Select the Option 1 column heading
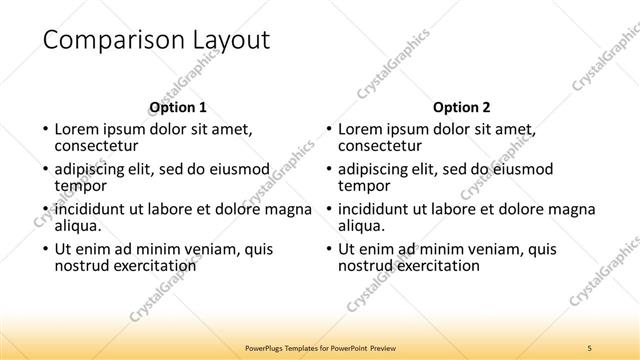coord(178,107)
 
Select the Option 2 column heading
coord(461,107)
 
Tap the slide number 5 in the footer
coord(590,347)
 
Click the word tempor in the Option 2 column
coord(363,185)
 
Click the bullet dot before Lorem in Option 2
coord(329,130)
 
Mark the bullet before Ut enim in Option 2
coord(329,250)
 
